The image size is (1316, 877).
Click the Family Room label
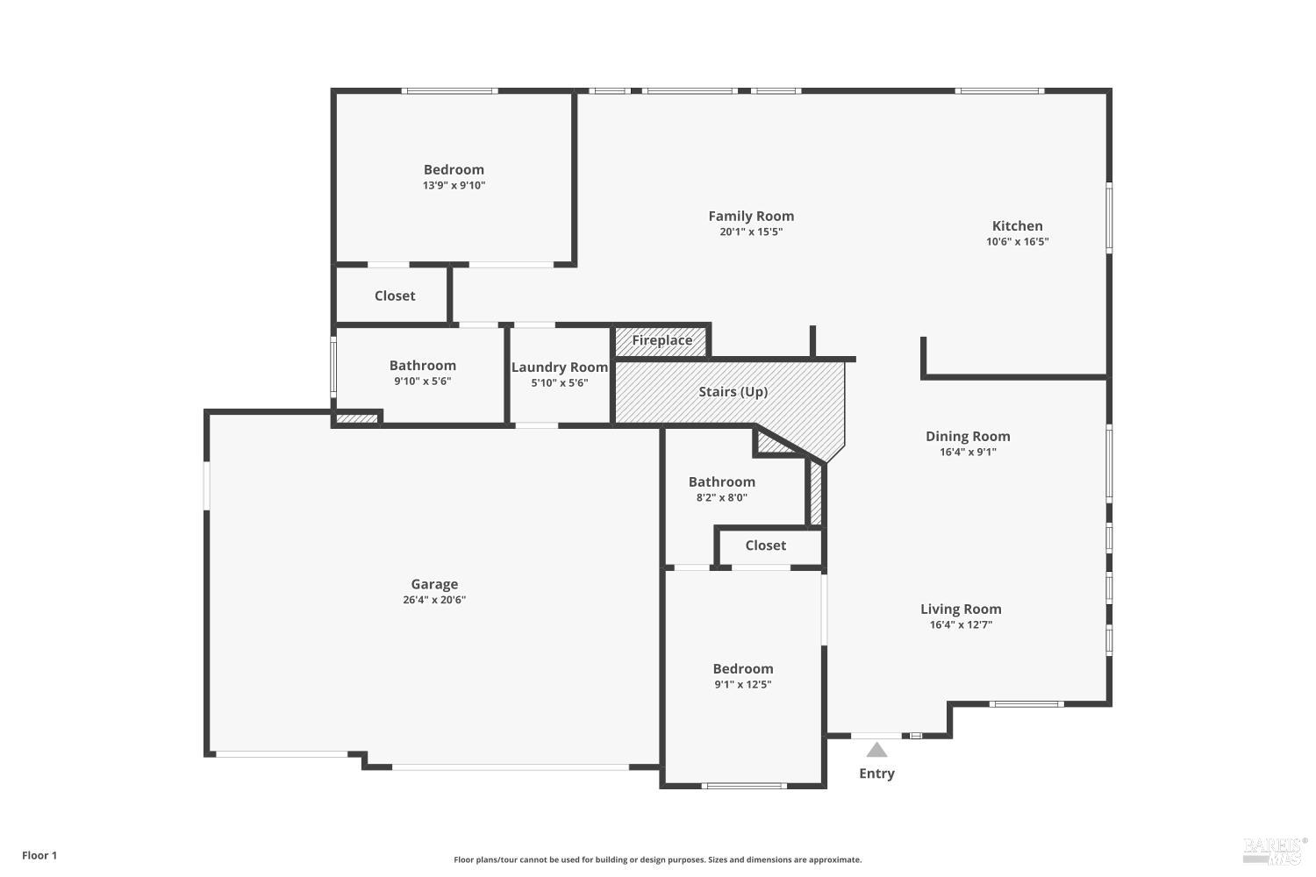[751, 216]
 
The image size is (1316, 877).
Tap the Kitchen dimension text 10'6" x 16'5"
[1017, 241]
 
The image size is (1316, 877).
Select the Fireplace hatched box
[662, 340]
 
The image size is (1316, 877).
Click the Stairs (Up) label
[733, 391]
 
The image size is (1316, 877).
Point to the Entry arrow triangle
[876, 750]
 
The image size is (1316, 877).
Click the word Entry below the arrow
[876, 773]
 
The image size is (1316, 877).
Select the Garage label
[434, 584]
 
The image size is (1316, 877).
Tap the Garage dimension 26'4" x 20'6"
[434, 600]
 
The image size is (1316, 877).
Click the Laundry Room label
[560, 367]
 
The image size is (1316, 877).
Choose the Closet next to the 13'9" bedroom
[395, 296]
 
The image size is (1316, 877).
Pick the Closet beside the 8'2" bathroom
[765, 545]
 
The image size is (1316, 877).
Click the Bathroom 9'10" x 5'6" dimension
[422, 381]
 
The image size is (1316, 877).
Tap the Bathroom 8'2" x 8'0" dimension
[721, 497]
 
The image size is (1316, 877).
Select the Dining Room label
[968, 436]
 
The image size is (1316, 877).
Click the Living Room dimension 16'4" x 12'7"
[961, 624]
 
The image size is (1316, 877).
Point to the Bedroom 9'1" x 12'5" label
[742, 668]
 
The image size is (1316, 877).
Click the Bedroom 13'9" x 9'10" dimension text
[454, 185]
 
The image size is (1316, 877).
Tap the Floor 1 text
[39, 855]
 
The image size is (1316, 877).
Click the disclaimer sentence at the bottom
[657, 859]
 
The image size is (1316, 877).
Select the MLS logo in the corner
[1274, 848]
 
